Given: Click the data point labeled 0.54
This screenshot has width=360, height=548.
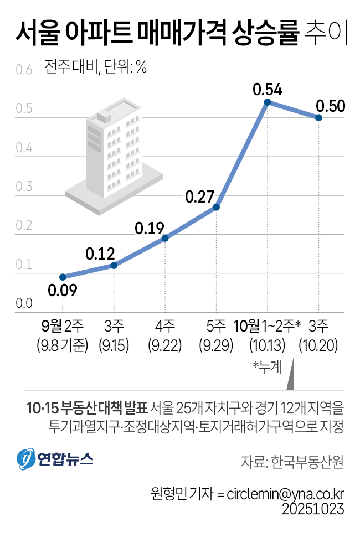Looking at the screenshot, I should point(268,102).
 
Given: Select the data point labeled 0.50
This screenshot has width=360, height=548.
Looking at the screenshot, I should point(319,118).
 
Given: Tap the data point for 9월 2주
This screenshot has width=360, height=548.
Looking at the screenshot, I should point(63,277).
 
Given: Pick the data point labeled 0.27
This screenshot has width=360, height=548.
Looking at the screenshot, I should point(217,207).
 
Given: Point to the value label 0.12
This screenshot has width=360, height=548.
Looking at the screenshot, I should point(100,255).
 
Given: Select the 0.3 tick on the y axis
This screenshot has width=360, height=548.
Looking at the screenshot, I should point(24,187).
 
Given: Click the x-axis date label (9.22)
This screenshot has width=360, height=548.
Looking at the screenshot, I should point(165,347).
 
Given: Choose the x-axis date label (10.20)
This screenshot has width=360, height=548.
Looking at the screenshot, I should point(318,347).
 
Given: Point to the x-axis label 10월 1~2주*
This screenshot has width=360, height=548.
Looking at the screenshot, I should point(267,325).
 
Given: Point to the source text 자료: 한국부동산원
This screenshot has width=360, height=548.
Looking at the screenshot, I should point(292,462).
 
